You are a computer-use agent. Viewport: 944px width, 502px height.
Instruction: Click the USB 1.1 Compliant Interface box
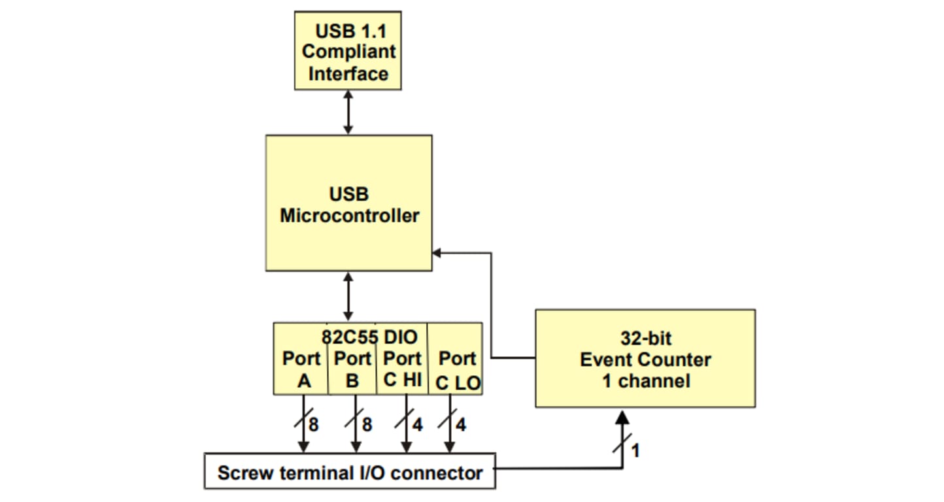pyautogui.click(x=347, y=50)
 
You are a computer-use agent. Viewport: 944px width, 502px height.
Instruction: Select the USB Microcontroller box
pyautogui.click(x=348, y=203)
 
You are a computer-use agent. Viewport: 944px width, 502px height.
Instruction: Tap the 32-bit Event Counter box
pyautogui.click(x=645, y=358)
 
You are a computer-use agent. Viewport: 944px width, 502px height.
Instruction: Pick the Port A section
pyautogui.click(x=301, y=369)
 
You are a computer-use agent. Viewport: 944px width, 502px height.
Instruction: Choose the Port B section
pyautogui.click(x=352, y=369)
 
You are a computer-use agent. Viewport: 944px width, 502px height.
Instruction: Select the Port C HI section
pyautogui.click(x=402, y=369)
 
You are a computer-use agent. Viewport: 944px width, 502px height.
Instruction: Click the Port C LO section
pyautogui.click(x=457, y=369)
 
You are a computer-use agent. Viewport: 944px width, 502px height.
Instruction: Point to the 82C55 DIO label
pyautogui.click(x=369, y=337)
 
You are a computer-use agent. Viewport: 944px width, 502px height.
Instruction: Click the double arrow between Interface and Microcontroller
pyautogui.click(x=348, y=112)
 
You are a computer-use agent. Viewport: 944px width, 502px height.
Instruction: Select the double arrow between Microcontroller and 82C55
pyautogui.click(x=348, y=296)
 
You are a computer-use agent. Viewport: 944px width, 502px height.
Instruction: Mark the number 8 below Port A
pyautogui.click(x=314, y=425)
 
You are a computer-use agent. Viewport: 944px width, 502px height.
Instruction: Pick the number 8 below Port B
pyautogui.click(x=367, y=425)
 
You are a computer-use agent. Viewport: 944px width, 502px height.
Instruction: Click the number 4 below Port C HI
pyautogui.click(x=418, y=425)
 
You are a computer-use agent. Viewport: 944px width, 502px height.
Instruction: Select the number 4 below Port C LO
pyautogui.click(x=461, y=425)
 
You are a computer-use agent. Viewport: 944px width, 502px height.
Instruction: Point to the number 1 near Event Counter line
pyautogui.click(x=635, y=450)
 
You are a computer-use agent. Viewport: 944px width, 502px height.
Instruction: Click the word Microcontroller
pyautogui.click(x=350, y=216)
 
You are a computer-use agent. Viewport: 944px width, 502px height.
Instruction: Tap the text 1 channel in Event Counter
pyautogui.click(x=645, y=380)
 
